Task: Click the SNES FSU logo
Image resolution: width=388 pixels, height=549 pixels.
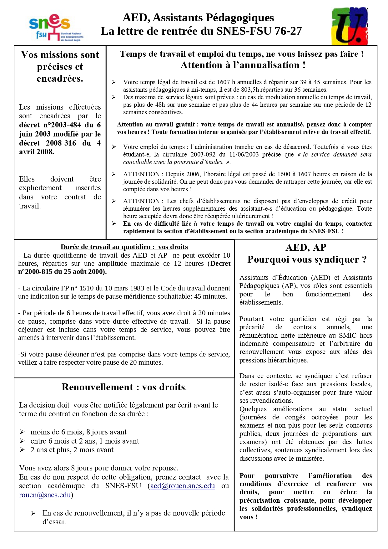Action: [56, 28]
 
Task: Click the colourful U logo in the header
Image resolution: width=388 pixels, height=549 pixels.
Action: [350, 26]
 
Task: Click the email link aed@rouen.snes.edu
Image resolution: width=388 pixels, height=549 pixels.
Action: [183, 486]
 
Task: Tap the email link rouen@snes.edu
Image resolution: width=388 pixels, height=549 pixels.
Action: [45, 495]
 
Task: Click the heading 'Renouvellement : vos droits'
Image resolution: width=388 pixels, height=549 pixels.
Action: [124, 387]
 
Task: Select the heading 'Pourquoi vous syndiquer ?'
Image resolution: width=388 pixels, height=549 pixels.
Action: [307, 259]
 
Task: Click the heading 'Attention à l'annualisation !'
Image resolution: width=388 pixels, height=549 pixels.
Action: [243, 65]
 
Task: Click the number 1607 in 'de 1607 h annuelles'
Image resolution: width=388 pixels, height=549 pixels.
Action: [223, 82]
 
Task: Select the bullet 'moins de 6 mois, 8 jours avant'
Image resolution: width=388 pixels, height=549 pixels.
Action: [78, 432]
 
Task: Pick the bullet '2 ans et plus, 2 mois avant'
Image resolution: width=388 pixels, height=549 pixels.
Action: [72, 450]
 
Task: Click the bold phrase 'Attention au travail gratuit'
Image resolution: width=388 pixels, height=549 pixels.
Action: [155, 125]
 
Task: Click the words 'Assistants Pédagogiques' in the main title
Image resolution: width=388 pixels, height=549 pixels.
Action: [213, 18]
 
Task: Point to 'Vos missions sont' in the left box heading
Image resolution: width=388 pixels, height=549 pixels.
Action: [60, 55]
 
